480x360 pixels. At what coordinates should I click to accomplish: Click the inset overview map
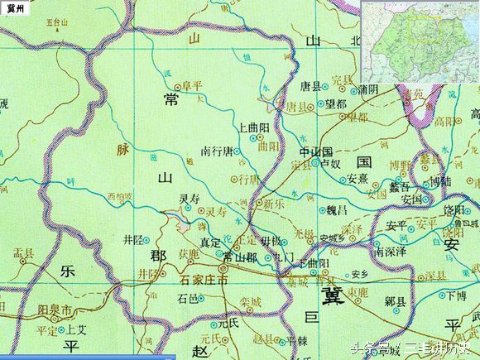[420, 41]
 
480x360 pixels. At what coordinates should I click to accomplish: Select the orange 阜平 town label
[193, 84]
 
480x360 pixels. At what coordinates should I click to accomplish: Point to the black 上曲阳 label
[253, 128]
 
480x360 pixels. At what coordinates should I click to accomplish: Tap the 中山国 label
[315, 152]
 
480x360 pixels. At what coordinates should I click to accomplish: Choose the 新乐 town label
[274, 204]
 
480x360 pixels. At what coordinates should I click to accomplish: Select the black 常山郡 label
[238, 257]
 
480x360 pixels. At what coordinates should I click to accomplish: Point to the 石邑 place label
[189, 298]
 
